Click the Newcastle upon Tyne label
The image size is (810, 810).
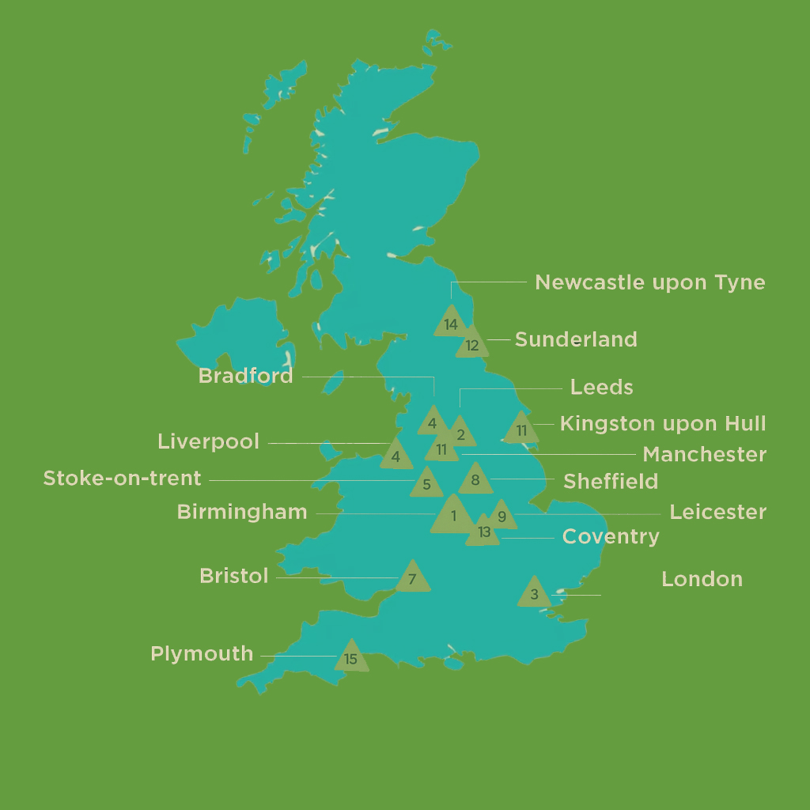point(649,282)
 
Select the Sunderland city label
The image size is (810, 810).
point(576,339)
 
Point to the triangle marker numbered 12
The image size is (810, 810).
point(472,343)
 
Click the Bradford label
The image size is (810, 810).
point(245,376)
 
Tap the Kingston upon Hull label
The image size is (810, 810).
point(663,423)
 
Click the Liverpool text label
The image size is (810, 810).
point(208,441)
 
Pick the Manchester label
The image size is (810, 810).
point(704,455)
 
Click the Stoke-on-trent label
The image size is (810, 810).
point(122,479)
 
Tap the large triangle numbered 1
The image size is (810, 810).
point(453,517)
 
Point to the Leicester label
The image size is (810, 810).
point(717,512)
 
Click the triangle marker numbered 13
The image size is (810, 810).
point(483,532)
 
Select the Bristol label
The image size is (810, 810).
point(233,576)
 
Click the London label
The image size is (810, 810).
point(702,579)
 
